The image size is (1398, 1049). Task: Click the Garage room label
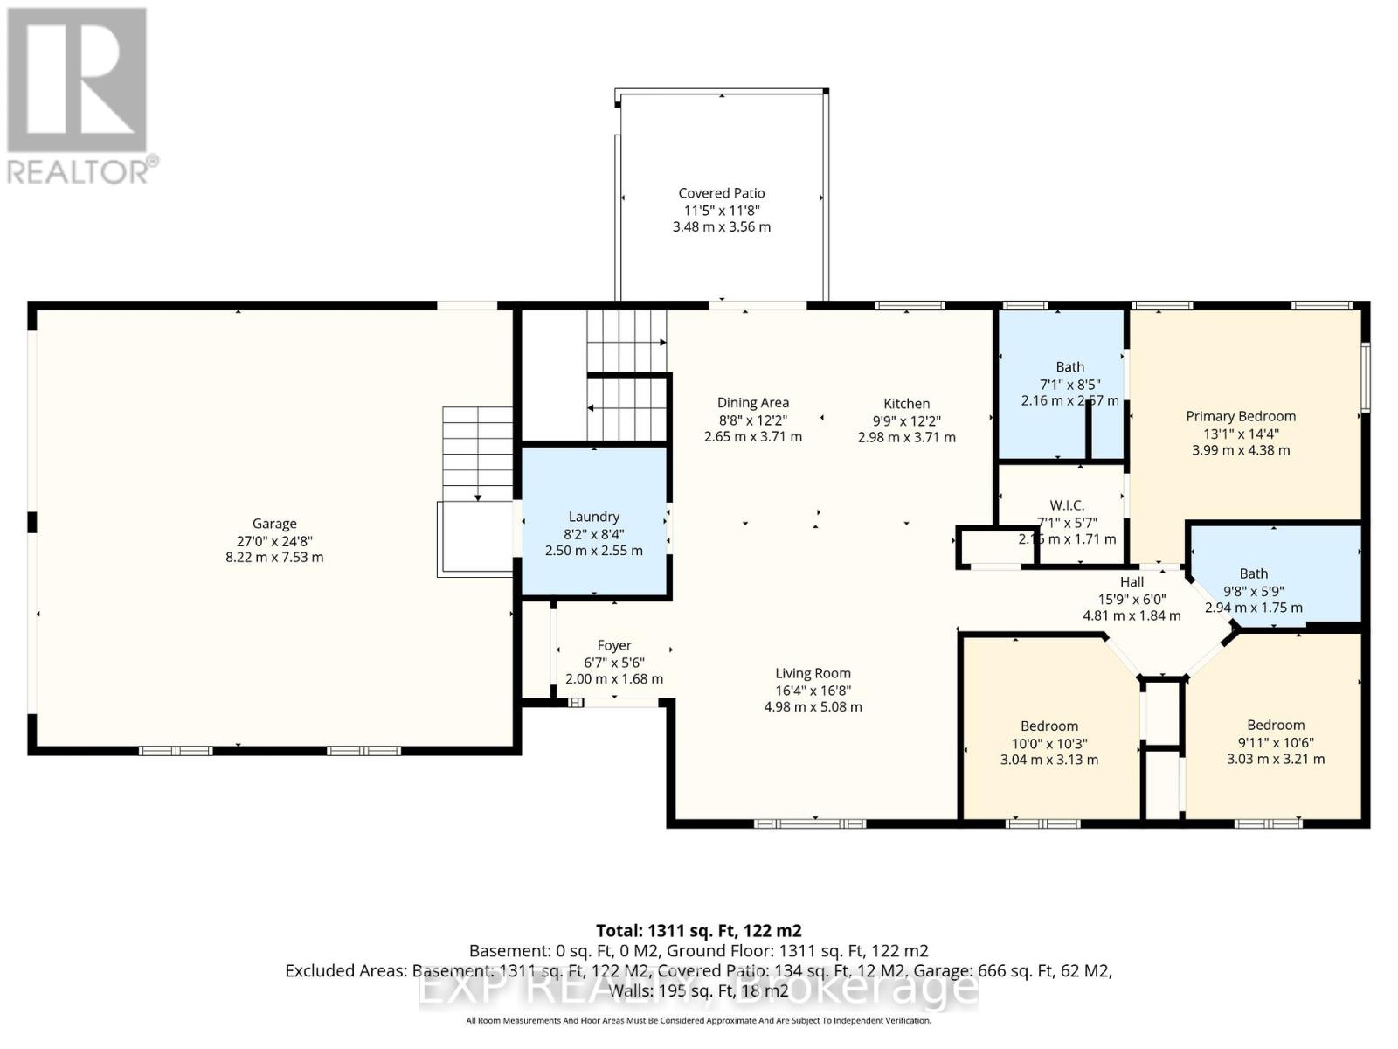(274, 524)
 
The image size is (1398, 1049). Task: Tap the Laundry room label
(593, 517)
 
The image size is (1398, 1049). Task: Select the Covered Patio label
(722, 193)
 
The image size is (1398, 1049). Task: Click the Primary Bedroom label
(1241, 416)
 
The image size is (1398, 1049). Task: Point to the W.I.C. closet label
(1067, 505)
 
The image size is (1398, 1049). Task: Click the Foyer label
(614, 645)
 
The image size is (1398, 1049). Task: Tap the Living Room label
(813, 673)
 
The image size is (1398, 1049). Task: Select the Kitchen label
(906, 403)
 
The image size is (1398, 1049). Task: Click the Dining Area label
(752, 402)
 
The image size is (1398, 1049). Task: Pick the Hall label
(1132, 581)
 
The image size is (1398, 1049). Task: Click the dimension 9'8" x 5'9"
(1253, 591)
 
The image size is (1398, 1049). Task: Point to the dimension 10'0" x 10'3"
(1049, 743)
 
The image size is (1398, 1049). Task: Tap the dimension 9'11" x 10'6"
(1276, 742)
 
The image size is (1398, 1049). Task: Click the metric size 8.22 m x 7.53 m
(274, 557)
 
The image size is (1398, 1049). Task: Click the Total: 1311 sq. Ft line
(698, 931)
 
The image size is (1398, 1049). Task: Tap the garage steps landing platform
(474, 538)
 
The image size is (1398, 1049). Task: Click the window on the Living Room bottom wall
(810, 823)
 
